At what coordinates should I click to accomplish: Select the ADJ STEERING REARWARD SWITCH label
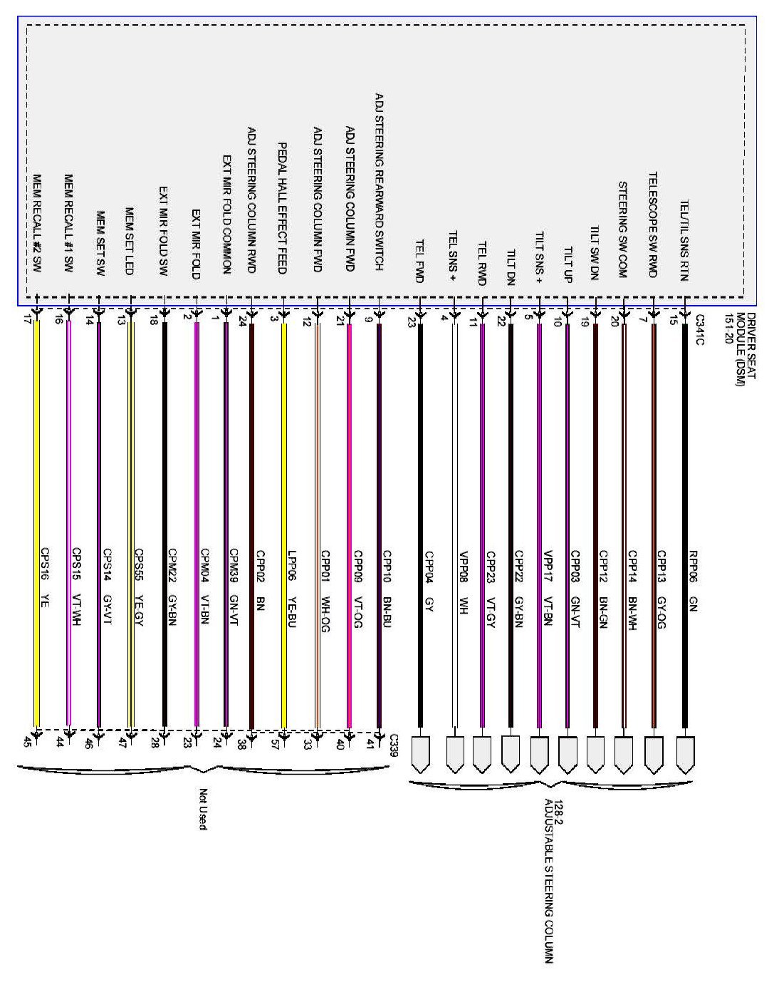pos(379,181)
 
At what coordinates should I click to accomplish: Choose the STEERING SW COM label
pos(622,229)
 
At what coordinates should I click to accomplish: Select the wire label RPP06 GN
pos(694,580)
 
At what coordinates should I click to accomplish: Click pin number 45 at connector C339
pos(28,742)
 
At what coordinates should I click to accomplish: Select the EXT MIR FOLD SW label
pos(162,231)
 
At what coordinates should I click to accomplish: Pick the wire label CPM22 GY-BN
pos(172,587)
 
